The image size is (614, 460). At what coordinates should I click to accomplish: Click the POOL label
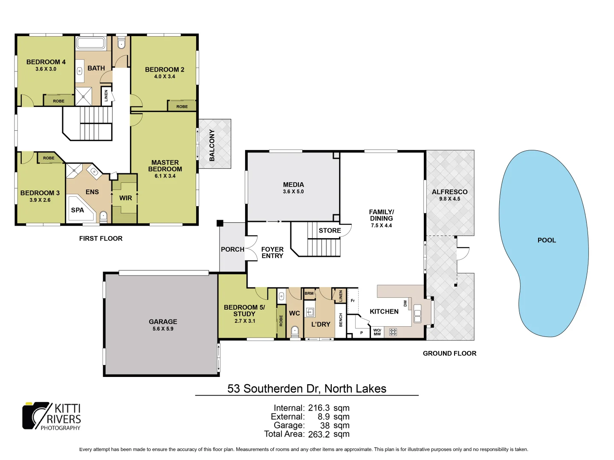[x=547, y=240]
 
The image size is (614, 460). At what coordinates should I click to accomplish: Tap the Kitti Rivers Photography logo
[x=52, y=416]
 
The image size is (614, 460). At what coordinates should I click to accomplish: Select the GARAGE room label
[x=163, y=322]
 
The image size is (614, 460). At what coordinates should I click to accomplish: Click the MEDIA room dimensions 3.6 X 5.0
[x=293, y=192]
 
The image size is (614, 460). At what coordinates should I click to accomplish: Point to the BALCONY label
[x=212, y=145]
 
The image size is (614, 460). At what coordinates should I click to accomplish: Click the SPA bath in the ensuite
[x=79, y=210]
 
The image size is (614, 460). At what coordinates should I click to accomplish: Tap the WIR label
[x=125, y=198]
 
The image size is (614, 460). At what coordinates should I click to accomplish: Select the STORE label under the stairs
[x=330, y=230]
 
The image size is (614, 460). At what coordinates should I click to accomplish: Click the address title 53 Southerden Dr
[x=307, y=388]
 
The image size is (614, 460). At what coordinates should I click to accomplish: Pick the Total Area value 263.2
[x=319, y=434]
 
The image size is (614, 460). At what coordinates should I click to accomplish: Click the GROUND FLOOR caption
[x=449, y=353]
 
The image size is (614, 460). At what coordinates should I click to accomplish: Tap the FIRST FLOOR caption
[x=101, y=239]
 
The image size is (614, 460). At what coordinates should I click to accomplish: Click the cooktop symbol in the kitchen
[x=393, y=332]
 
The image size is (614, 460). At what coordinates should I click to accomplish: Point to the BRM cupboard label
[x=309, y=293]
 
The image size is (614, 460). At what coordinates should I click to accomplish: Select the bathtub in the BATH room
[x=90, y=43]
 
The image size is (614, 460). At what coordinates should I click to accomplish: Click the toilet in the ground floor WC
[x=295, y=331]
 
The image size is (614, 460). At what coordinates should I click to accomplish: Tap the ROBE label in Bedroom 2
[x=182, y=106]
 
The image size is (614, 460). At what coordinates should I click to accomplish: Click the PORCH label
[x=232, y=250]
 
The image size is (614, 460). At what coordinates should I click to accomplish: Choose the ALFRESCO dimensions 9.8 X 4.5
[x=449, y=199]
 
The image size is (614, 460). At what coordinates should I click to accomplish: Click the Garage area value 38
[x=325, y=425]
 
